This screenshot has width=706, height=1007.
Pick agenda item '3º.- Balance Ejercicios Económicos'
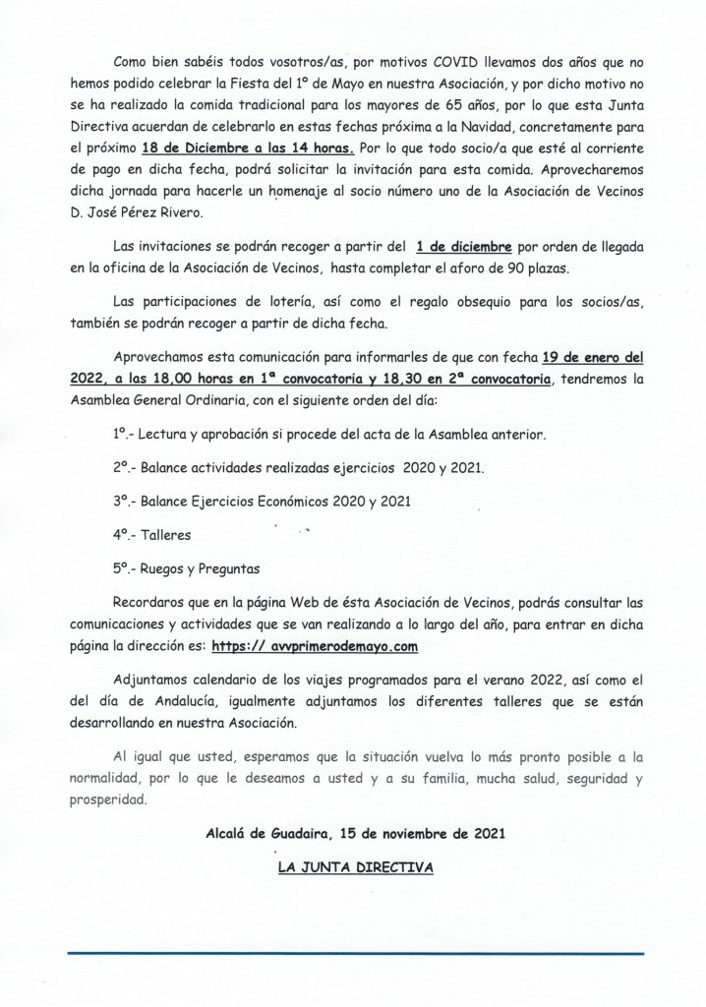click(x=261, y=502)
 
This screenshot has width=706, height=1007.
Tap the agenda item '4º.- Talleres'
click(x=151, y=536)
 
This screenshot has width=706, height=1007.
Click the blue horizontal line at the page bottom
click(x=355, y=952)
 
